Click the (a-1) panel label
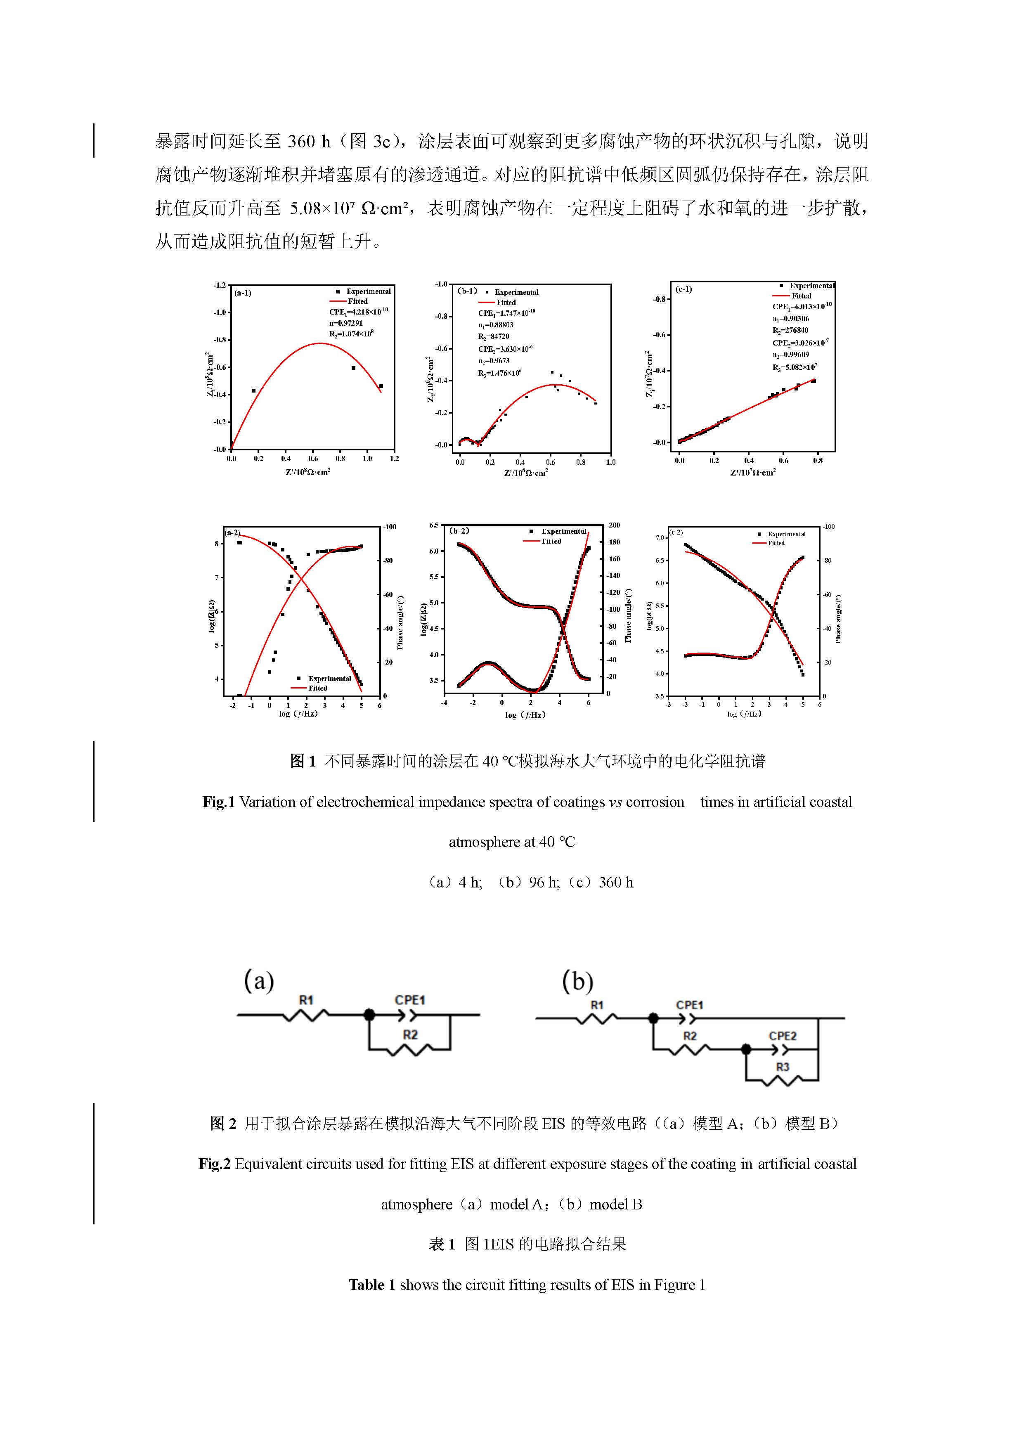pyautogui.click(x=243, y=293)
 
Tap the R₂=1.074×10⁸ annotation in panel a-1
pyautogui.click(x=351, y=334)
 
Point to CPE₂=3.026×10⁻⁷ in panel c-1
pyautogui.click(x=800, y=343)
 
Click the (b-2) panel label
pyautogui.click(x=459, y=530)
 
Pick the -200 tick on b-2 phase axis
pyautogui.click(x=613, y=525)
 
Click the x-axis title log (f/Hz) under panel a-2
pyautogui.click(x=298, y=714)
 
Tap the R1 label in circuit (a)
pyautogui.click(x=306, y=1000)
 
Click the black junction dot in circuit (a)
pyautogui.click(x=369, y=1015)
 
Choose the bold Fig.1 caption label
pyautogui.click(x=218, y=802)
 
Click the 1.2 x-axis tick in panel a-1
pyautogui.click(x=394, y=459)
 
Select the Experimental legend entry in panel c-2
pyautogui.click(x=786, y=534)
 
